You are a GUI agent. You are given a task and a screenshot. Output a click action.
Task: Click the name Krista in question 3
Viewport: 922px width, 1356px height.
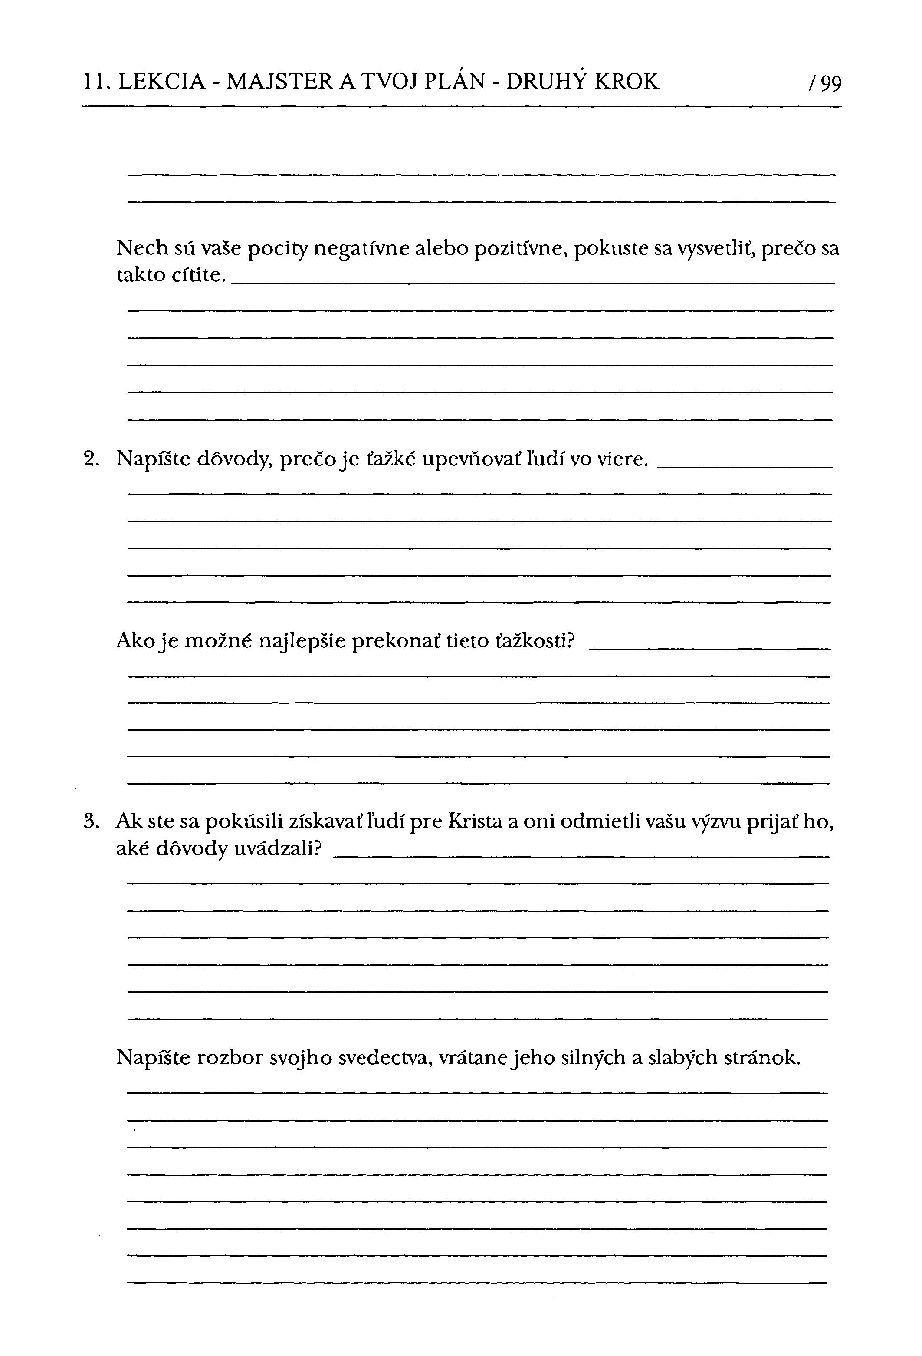click(475, 821)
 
